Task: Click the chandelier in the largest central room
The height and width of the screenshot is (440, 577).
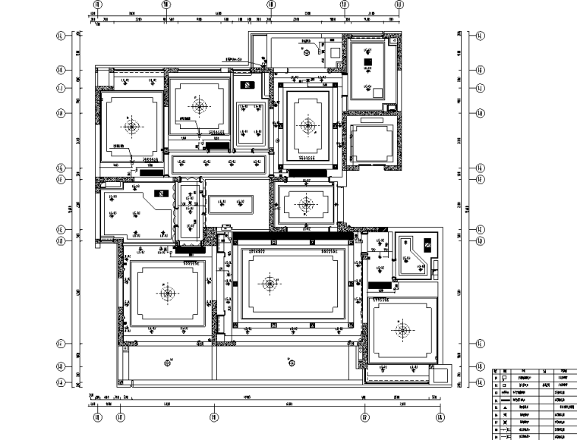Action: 268,284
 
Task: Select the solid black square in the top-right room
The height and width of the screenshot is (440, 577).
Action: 367,61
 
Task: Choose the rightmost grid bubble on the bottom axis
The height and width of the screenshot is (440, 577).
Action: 440,416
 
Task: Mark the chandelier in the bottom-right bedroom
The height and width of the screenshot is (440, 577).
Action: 402,328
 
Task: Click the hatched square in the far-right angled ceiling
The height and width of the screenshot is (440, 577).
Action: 427,245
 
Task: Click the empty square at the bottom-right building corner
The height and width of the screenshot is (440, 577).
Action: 439,375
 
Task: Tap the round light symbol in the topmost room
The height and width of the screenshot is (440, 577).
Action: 306,52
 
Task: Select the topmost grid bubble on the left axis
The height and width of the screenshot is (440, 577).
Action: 60,35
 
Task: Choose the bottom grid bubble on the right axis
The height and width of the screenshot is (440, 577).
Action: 481,383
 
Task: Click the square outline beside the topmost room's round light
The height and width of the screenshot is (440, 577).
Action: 335,52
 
